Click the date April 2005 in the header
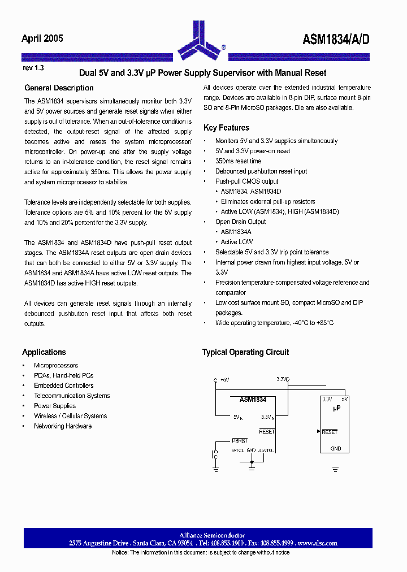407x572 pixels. coord(42,38)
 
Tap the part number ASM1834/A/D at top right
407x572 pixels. coord(336,39)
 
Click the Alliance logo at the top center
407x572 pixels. coord(200,40)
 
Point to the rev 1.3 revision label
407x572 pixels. coord(33,68)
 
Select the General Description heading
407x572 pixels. coord(59,88)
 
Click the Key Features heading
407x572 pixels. coord(226,128)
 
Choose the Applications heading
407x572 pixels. coord(44,352)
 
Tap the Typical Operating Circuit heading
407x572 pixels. coord(245,352)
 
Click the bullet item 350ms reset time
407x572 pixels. coord(238,161)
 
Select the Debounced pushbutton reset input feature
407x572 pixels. coord(261,171)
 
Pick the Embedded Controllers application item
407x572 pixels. coord(64,385)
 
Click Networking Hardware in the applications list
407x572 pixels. coord(63,426)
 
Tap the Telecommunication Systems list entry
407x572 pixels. coord(72,396)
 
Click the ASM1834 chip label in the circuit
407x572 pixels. coord(253,400)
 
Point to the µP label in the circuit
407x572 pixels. coord(336,408)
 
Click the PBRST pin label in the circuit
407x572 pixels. coord(240,440)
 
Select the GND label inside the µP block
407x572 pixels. coord(336,449)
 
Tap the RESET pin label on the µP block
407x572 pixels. coord(330,432)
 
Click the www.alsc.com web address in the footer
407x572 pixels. coord(317,543)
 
